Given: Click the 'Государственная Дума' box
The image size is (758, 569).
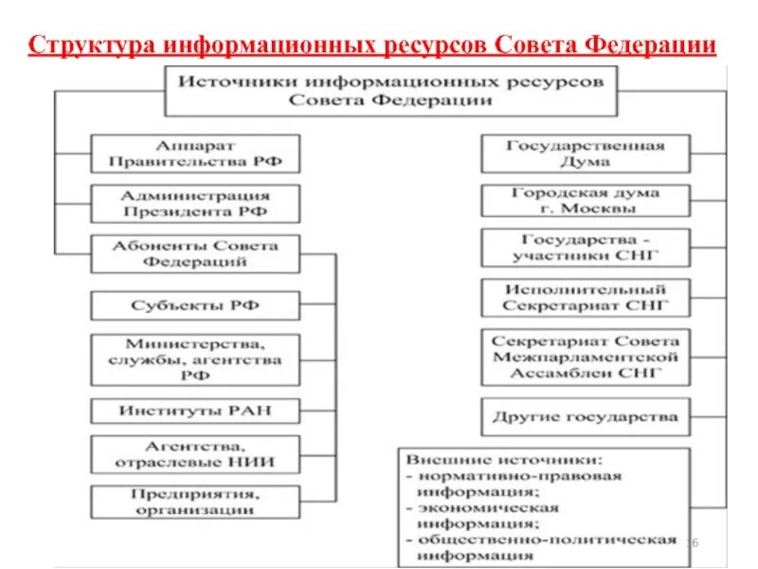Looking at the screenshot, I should (586, 154).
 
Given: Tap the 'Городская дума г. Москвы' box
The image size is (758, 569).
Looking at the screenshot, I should (586, 200).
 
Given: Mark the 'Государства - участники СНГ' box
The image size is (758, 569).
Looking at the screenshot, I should (586, 247).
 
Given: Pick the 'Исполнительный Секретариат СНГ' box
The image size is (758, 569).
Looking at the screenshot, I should (586, 297).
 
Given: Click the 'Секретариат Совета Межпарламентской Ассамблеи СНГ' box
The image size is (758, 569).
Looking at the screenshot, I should (586, 357).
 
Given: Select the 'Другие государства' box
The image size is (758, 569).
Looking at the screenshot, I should (586, 416).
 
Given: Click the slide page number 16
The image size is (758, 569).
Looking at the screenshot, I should (691, 541).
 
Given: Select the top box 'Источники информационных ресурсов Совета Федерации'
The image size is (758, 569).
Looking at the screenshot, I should (391, 90).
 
